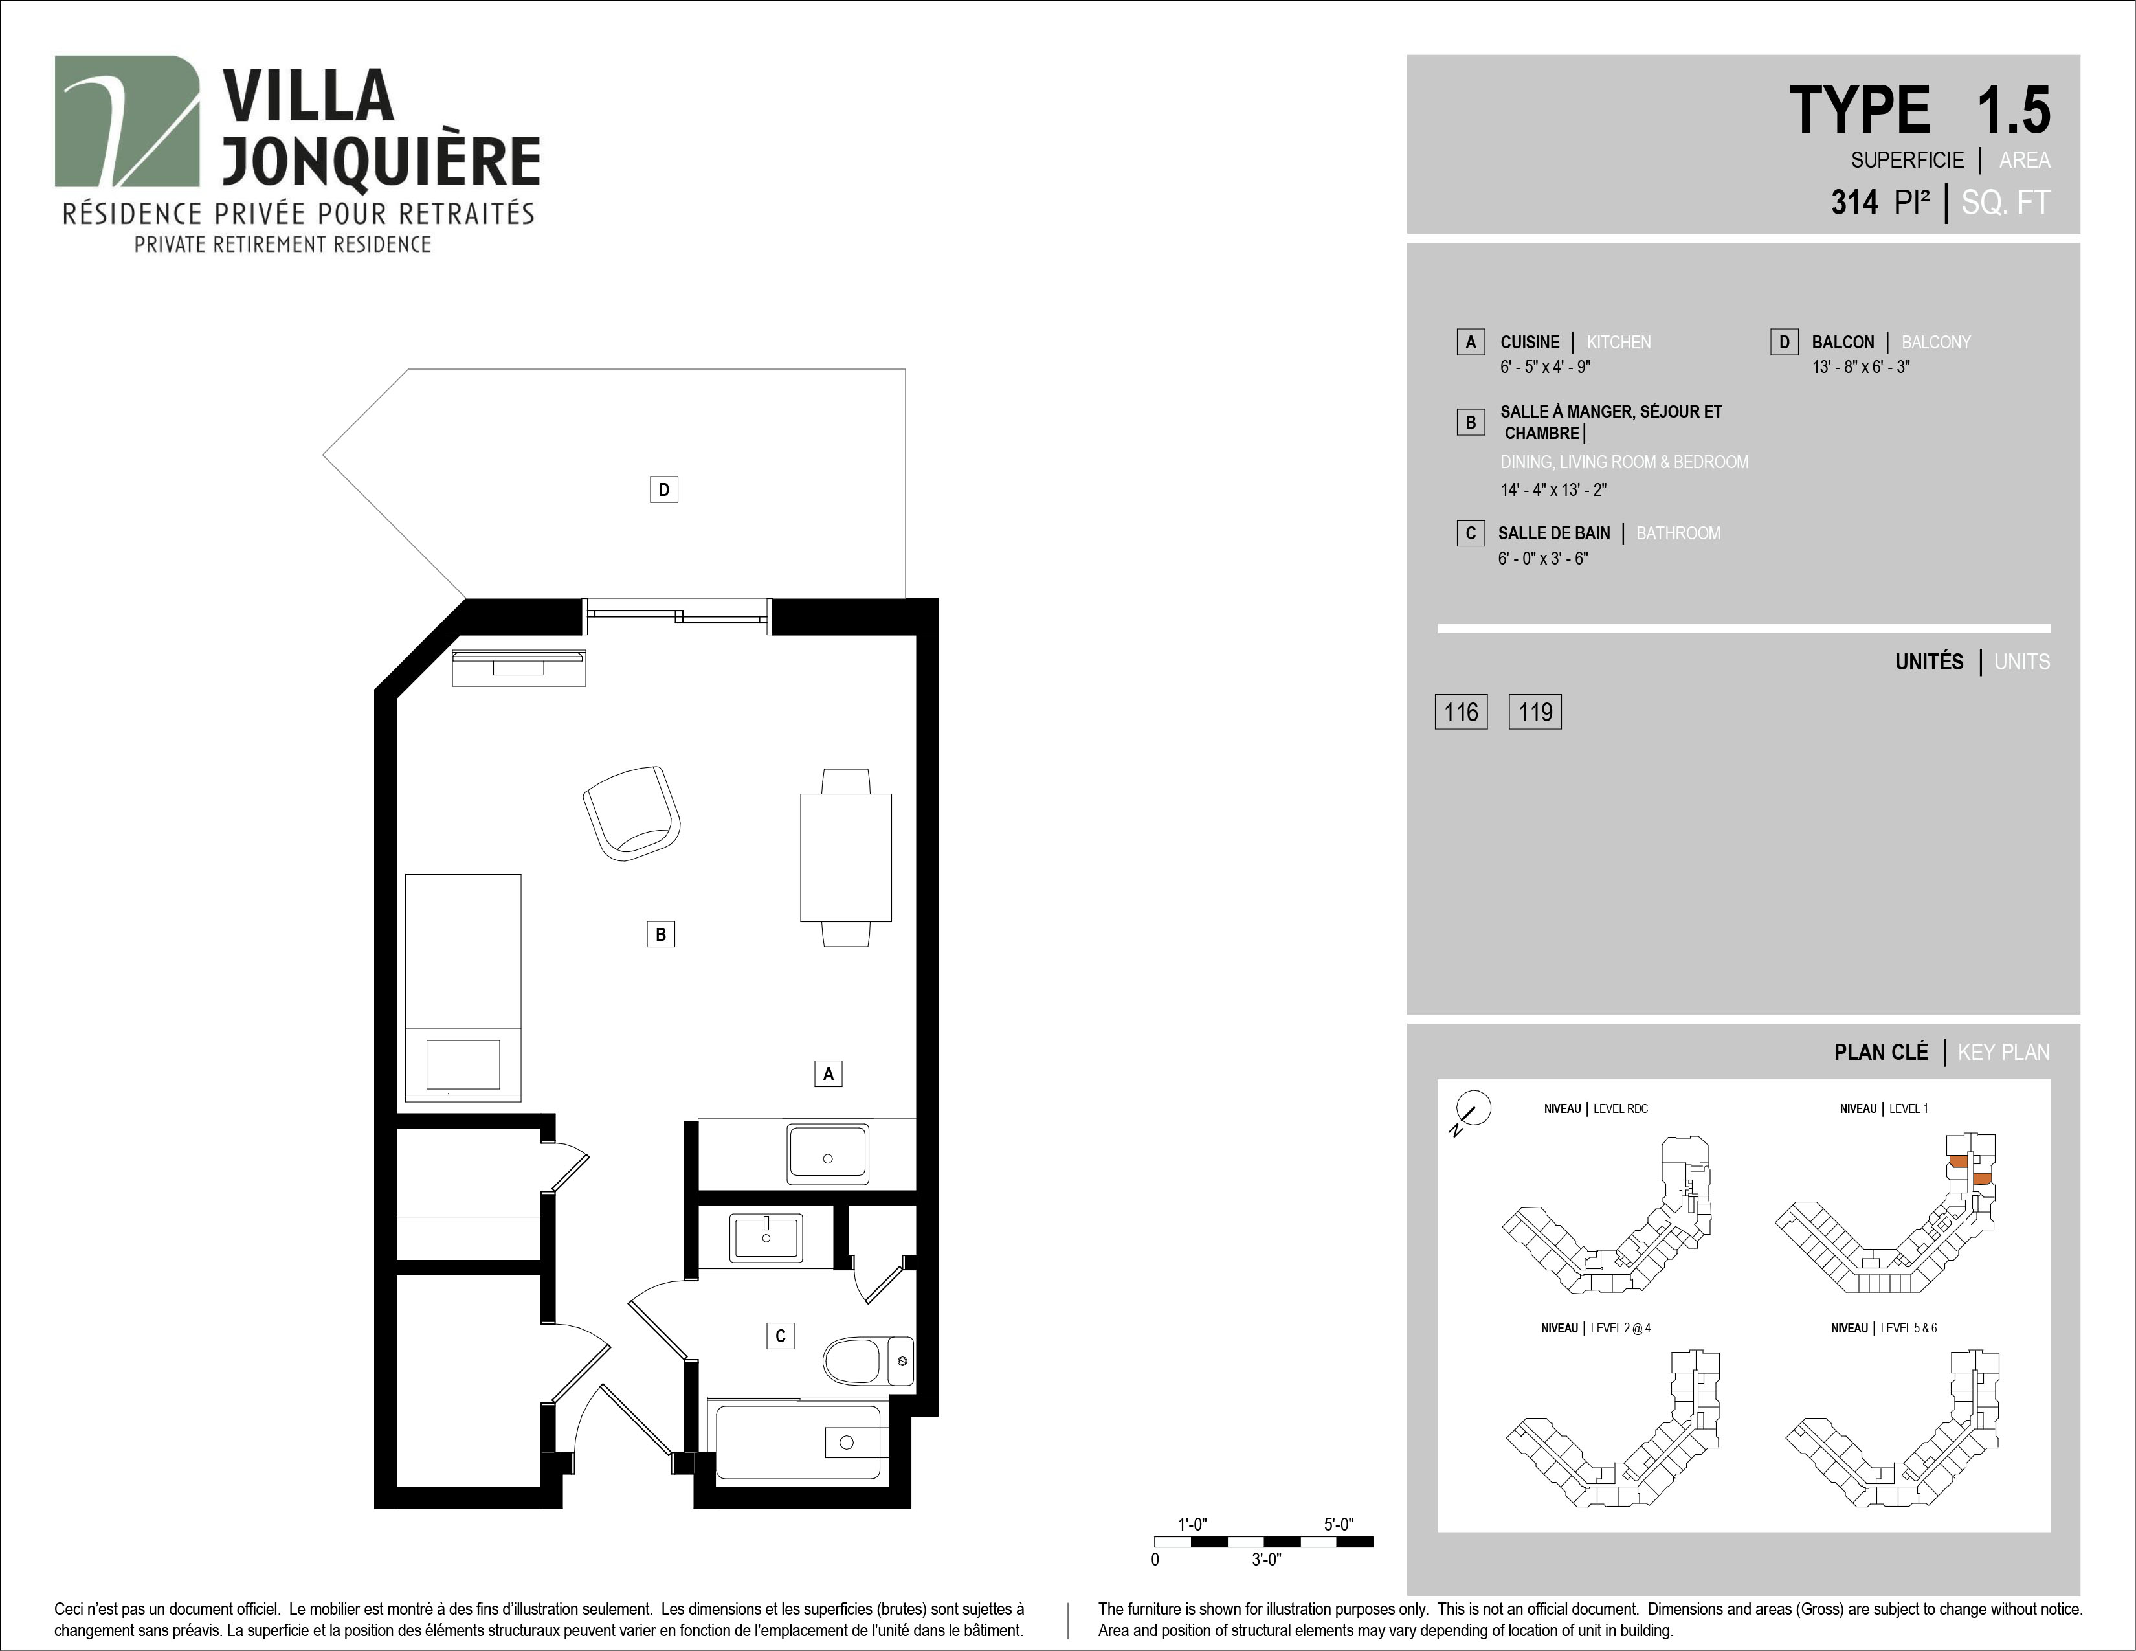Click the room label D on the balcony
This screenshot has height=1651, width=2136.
point(664,489)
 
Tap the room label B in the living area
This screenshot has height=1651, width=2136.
point(661,934)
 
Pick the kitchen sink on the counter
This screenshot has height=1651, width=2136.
point(827,1154)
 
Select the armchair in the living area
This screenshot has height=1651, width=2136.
point(632,813)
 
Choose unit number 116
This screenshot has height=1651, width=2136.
point(1461,712)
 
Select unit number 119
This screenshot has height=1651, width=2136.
point(1535,712)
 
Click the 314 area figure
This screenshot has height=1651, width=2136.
point(1854,203)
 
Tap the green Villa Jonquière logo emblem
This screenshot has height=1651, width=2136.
point(127,120)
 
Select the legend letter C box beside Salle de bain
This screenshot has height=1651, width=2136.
point(1470,533)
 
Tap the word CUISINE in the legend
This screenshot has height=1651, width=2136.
point(1530,343)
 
